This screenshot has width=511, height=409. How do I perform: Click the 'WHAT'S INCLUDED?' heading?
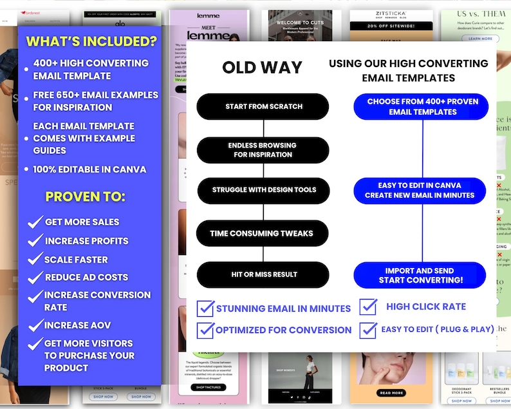[91, 42]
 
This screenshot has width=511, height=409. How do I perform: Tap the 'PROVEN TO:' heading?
[85, 196]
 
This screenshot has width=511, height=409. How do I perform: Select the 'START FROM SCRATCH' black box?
[263, 106]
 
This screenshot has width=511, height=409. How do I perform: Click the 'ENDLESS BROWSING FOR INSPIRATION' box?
[263, 150]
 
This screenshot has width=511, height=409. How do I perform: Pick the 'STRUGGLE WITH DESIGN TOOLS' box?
[264, 190]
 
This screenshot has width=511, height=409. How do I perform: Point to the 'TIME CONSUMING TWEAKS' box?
[263, 233]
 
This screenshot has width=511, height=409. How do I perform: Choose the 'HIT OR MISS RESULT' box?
[264, 274]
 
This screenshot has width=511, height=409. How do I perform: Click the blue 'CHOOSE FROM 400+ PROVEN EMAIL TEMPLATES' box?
[422, 107]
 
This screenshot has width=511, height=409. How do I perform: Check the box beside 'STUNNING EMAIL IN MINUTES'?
[206, 308]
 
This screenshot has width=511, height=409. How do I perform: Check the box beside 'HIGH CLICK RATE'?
[368, 307]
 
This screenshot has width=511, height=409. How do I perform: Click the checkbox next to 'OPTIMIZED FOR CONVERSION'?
[206, 330]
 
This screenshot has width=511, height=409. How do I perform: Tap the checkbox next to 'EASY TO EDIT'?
[368, 330]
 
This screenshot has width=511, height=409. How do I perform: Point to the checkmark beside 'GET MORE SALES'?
[35, 223]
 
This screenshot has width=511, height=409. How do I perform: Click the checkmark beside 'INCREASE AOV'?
[35, 325]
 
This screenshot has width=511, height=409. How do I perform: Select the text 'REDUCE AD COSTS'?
[86, 277]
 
